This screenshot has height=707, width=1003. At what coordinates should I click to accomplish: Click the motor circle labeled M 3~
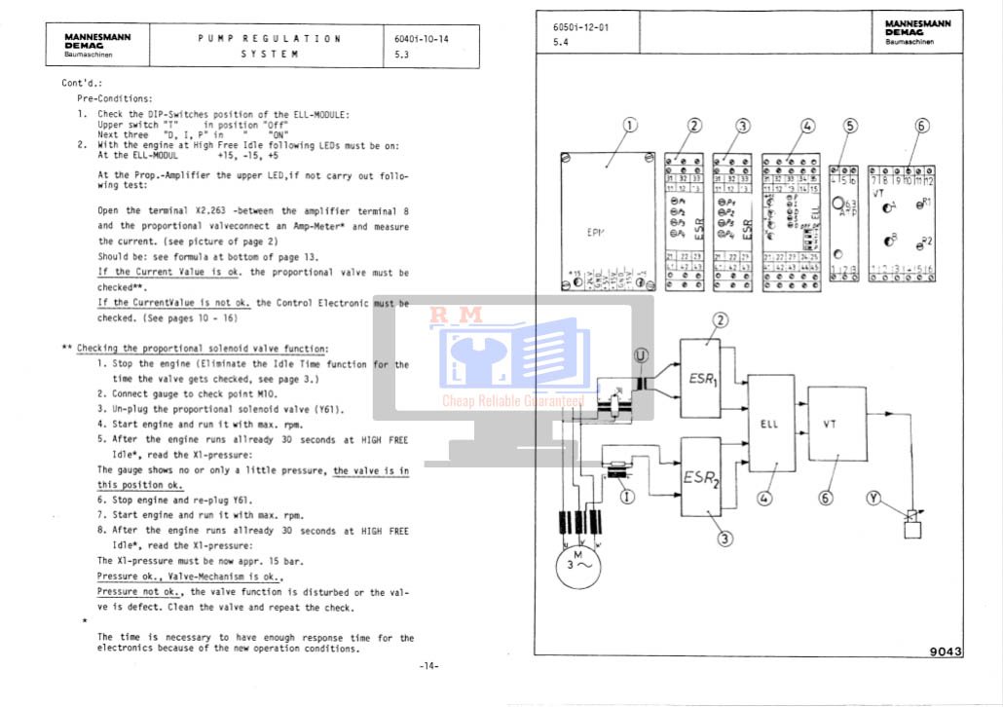tap(578, 564)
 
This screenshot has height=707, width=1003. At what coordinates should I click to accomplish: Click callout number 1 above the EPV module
tap(630, 125)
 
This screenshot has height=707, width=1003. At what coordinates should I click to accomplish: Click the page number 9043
tap(946, 652)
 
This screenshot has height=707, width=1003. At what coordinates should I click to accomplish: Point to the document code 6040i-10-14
tap(422, 39)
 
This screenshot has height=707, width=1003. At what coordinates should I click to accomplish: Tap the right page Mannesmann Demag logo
tap(916, 31)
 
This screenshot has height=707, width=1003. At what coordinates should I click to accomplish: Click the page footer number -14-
tap(428, 666)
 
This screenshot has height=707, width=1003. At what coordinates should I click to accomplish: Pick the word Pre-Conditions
tap(115, 98)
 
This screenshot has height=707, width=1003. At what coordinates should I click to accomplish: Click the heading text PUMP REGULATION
tap(270, 39)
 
